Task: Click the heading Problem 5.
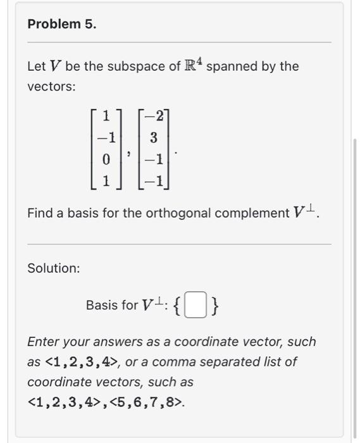(x=62, y=25)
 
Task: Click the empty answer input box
(x=197, y=306)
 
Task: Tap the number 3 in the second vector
(x=153, y=137)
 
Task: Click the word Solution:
(x=54, y=268)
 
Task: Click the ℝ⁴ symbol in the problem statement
(x=194, y=65)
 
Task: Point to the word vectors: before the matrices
(x=51, y=87)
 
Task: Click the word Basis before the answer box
(x=102, y=306)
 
